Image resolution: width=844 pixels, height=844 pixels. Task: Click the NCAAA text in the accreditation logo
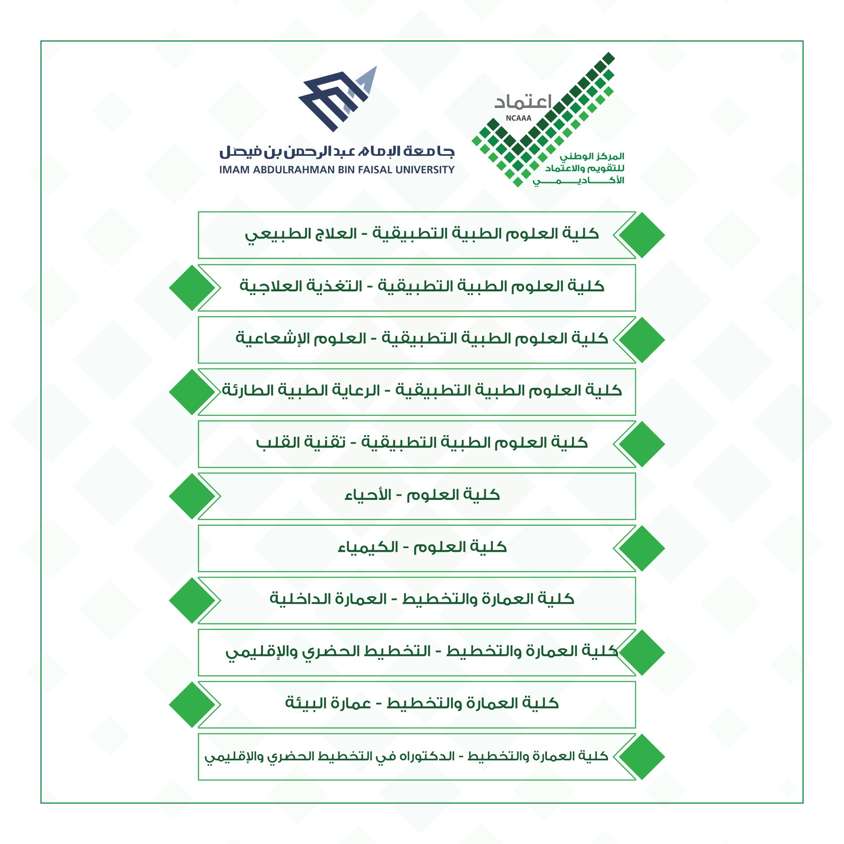point(518,118)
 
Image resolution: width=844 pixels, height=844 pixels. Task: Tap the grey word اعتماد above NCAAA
point(523,102)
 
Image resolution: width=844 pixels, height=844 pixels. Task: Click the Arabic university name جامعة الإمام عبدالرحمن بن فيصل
point(337,152)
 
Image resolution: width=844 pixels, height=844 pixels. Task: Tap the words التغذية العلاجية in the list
point(301,286)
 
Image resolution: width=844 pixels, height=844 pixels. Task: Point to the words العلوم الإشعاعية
point(301,339)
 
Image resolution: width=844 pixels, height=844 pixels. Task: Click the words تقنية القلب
point(301,443)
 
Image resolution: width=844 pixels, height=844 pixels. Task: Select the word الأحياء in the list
point(368,495)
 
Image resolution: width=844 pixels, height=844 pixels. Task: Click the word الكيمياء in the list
point(368,547)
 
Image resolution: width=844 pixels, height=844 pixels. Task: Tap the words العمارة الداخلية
point(328,599)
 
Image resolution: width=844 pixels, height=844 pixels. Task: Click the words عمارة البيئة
point(328,703)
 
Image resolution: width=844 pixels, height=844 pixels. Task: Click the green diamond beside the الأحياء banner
point(192,496)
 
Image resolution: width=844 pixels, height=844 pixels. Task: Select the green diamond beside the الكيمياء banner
point(642,548)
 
